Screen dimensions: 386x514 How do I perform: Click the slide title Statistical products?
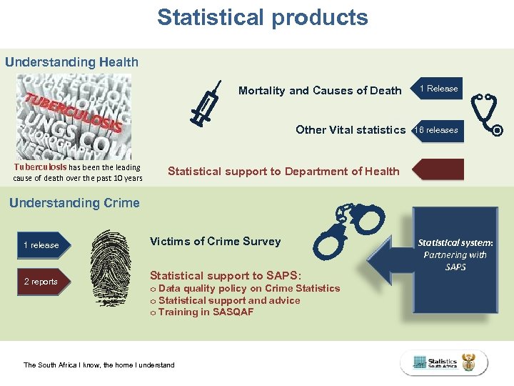pyautogui.click(x=263, y=17)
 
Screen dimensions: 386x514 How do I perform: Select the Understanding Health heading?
pyautogui.click(x=71, y=62)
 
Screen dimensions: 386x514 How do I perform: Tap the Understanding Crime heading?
pyautogui.click(x=74, y=203)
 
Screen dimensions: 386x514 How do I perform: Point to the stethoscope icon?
pyautogui.click(x=488, y=114)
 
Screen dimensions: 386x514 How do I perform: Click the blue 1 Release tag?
pyautogui.click(x=438, y=89)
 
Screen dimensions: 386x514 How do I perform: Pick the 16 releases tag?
pyautogui.click(x=438, y=130)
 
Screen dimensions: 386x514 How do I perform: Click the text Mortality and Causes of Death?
pyautogui.click(x=320, y=91)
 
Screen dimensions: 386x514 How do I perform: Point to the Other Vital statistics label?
pyautogui.click(x=351, y=130)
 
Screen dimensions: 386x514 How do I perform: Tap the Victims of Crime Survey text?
pyautogui.click(x=215, y=242)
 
